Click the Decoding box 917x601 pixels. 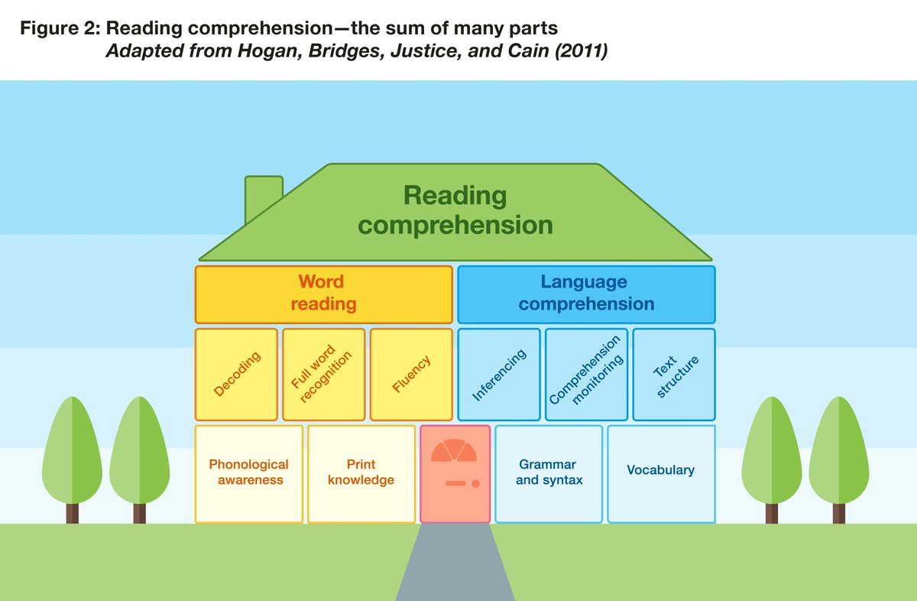pos(236,374)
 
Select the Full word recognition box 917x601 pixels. pos(324,374)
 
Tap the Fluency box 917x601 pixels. pos(412,374)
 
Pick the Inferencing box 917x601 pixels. pos(499,374)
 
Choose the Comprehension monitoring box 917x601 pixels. pos(587,374)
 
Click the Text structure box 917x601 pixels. pos(674,374)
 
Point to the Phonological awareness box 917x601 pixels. pos(249,473)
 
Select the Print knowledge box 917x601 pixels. pos(361,473)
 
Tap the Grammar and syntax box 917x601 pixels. pos(549,473)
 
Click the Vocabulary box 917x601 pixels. pos(661,473)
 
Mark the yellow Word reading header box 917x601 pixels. pos(324,294)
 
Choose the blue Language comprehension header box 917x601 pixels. pos(586,294)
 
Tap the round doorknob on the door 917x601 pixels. pos(475,483)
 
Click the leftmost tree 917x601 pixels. pos(72,455)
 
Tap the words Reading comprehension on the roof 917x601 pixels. pos(455,210)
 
